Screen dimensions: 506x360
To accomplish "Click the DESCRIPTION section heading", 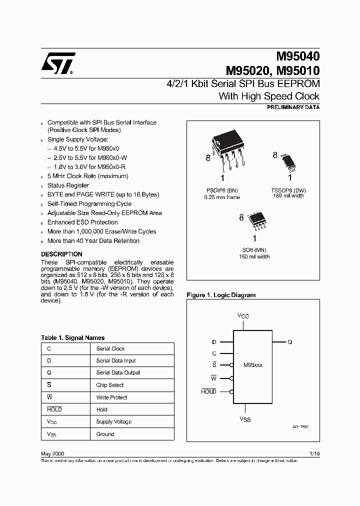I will pyautogui.click(x=61, y=254).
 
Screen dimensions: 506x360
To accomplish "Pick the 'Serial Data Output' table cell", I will pyautogui.click(x=118, y=372).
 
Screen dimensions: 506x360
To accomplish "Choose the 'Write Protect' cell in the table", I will pyautogui.click(x=111, y=397).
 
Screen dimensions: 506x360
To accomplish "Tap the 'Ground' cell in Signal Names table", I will pyautogui.click(x=105, y=434).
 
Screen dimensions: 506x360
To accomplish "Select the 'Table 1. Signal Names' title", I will pyautogui.click(x=72, y=337).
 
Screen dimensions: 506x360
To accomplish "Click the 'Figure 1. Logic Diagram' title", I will pyautogui.click(x=221, y=295).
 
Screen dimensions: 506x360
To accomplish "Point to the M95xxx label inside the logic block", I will pyautogui.click(x=252, y=365).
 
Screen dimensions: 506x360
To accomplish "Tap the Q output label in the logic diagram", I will pyautogui.click(x=289, y=342).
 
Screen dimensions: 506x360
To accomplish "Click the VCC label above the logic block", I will pyautogui.click(x=243, y=316).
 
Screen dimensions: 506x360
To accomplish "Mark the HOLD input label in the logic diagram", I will pyautogui.click(x=208, y=391).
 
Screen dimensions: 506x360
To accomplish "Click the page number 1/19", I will pyautogui.click(x=314, y=453).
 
